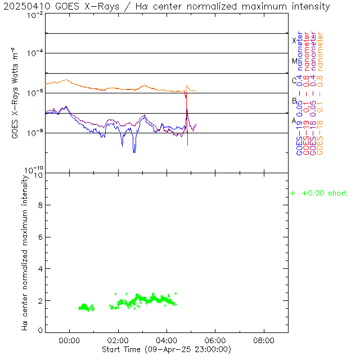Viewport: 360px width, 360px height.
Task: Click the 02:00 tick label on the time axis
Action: coord(118,340)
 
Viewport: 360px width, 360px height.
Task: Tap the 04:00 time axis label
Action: coord(166,340)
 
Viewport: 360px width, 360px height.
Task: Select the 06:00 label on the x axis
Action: coord(215,340)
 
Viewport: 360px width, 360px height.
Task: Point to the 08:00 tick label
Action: coord(264,340)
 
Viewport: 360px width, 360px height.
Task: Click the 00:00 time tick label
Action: coord(70,340)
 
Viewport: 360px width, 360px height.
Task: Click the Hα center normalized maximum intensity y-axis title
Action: coord(25,252)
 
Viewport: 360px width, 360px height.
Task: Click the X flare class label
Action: coord(294,40)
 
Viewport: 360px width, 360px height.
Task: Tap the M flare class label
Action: coord(294,61)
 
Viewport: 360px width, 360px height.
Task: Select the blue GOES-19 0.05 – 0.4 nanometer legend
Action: coord(299,93)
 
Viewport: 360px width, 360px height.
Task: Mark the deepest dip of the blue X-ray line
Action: coord(134,152)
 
